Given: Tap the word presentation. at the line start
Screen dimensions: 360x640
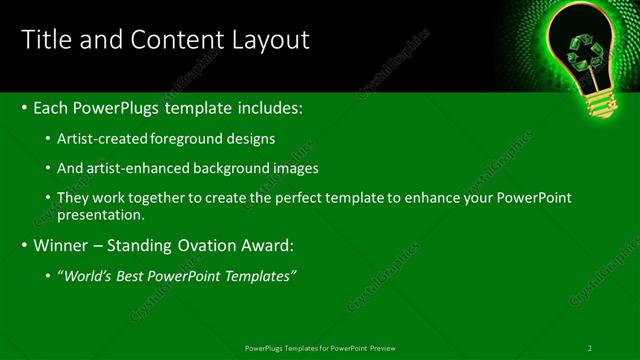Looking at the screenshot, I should [103, 214].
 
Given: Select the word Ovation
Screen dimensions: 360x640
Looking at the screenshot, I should [220, 244].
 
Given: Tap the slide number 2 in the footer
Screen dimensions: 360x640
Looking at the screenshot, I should [590, 348].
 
